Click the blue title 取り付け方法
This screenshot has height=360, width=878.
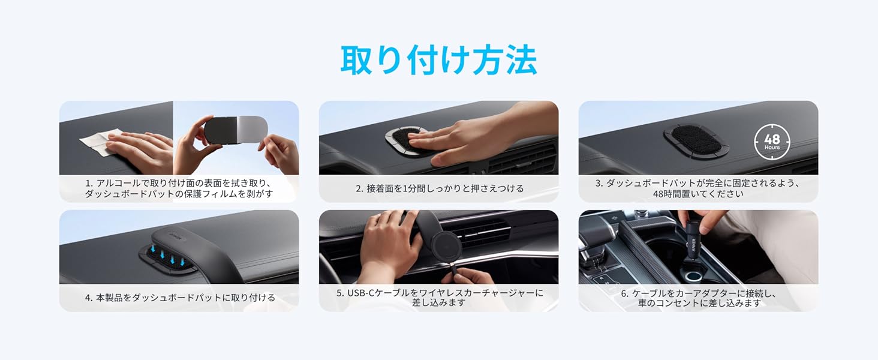[438, 60]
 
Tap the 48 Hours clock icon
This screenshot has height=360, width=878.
[772, 142]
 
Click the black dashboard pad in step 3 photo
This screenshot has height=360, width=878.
[696, 140]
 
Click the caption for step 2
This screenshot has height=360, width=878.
[440, 188]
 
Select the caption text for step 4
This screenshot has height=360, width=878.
[180, 298]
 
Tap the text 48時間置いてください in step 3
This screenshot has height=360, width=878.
[698, 194]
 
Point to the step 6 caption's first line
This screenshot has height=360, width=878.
[698, 293]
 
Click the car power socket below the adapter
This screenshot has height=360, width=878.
[693, 275]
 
